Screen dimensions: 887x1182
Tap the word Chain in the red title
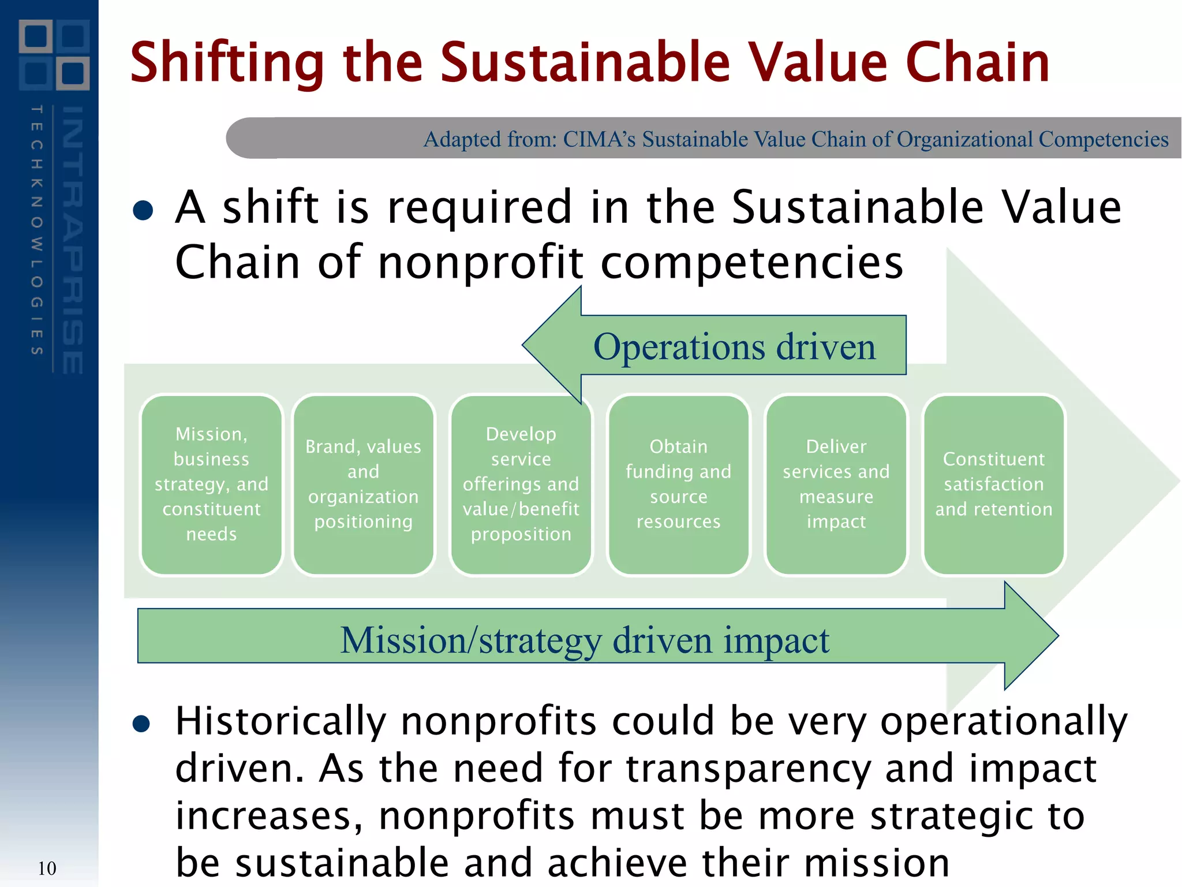977,62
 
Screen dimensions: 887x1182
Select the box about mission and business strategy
211,484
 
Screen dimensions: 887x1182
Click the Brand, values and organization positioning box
363,484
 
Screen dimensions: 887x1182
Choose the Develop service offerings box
521,484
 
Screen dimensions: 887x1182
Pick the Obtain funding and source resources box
678,484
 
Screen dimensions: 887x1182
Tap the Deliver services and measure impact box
836,484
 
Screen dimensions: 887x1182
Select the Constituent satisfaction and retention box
993,484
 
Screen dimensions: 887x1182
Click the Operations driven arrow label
734,347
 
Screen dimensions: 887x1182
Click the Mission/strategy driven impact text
584,640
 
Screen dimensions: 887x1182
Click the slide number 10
47,869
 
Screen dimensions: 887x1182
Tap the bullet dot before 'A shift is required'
143,210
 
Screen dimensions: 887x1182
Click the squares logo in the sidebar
54,55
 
